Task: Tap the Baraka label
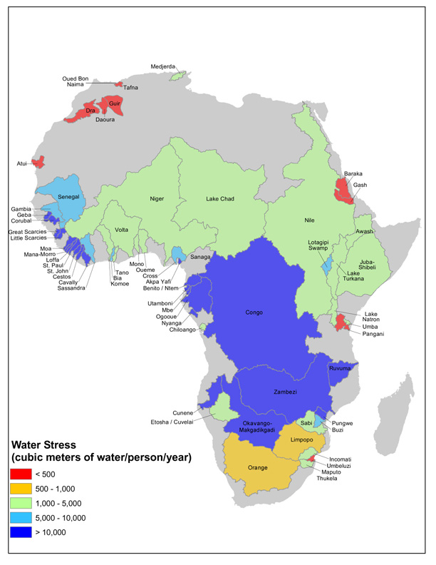(x=353, y=173)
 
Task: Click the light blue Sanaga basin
(x=179, y=254)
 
